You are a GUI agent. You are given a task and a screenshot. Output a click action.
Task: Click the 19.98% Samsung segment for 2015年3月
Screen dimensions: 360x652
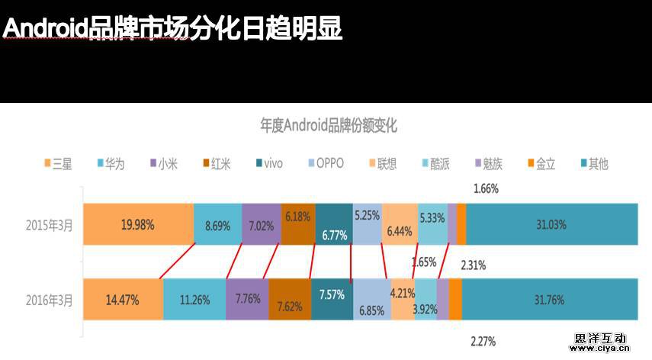[x=138, y=224]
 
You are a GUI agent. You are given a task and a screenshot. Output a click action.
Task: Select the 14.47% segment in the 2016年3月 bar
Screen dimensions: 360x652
[x=123, y=299]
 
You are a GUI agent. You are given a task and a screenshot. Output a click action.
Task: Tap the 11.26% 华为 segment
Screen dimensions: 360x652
[x=194, y=299]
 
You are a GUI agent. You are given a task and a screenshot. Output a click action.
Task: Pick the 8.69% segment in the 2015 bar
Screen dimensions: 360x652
[x=218, y=224]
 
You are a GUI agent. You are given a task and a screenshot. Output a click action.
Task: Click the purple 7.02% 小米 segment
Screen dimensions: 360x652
[x=262, y=224]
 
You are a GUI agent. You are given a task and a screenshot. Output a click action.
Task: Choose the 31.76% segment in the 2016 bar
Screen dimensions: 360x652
[x=550, y=299]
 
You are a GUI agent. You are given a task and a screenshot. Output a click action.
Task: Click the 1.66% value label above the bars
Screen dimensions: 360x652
[x=485, y=188]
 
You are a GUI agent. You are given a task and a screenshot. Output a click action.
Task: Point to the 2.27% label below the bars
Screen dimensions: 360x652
[x=483, y=341]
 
